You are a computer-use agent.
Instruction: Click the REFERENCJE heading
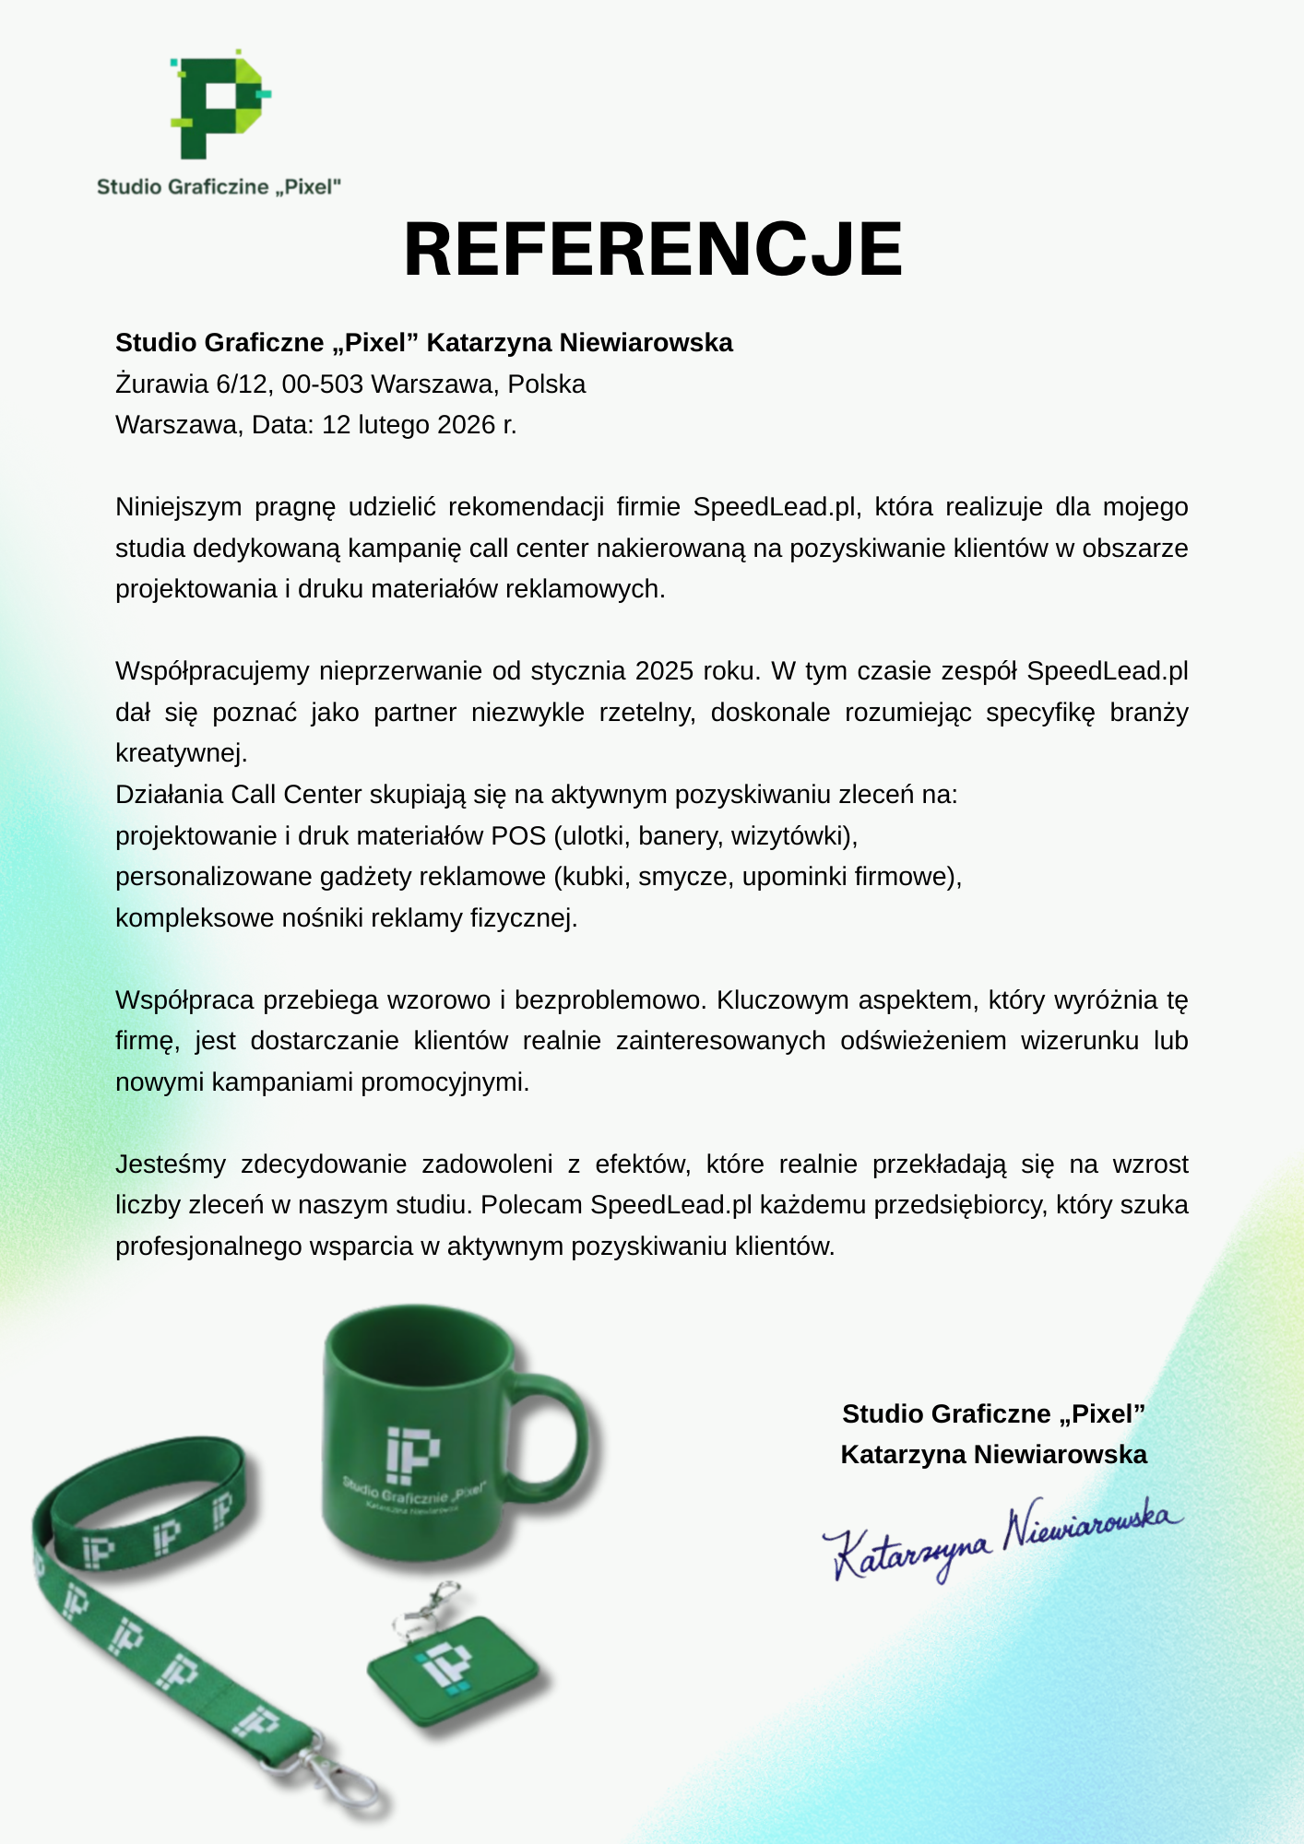tap(653, 250)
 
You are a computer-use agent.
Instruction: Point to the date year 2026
tap(467, 425)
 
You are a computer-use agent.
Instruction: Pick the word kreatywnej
tap(180, 753)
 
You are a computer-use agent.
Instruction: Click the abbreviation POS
tap(518, 835)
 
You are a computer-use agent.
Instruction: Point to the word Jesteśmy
tap(170, 1164)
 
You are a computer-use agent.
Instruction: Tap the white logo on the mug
tap(412, 1454)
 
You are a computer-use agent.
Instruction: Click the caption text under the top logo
tap(219, 187)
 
